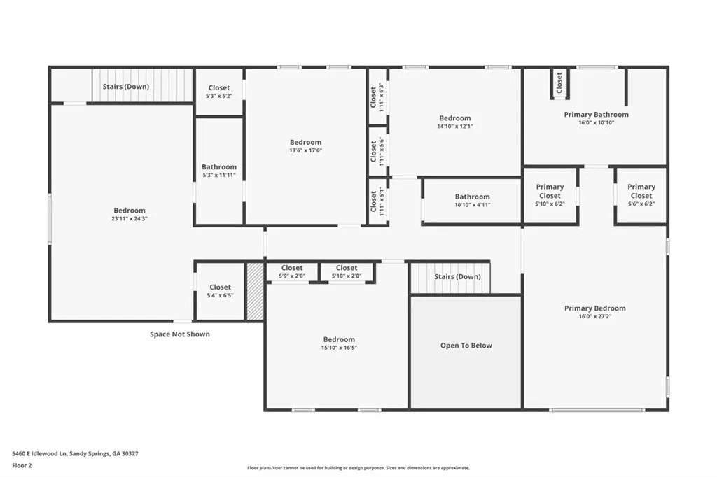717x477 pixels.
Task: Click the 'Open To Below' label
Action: point(466,346)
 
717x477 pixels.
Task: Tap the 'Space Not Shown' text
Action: point(180,334)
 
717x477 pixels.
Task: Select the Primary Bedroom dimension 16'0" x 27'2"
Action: point(595,317)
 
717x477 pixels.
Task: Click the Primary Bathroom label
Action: point(596,115)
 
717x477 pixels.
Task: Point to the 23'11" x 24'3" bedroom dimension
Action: point(130,219)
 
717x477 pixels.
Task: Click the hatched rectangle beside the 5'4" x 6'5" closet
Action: point(256,291)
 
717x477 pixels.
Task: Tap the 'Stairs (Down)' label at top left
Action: point(125,87)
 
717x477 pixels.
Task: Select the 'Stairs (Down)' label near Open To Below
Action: point(457,277)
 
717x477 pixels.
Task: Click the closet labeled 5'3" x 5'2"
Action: point(218,92)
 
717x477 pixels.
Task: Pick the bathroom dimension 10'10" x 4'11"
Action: point(472,205)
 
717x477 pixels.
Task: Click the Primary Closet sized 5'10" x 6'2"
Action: point(550,195)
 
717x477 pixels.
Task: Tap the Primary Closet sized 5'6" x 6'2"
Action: point(641,195)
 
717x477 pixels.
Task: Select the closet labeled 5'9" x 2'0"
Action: point(292,272)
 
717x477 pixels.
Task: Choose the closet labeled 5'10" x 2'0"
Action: point(346,272)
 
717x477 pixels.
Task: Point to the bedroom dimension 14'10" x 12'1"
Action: point(455,127)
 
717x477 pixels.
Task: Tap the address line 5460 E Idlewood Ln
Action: point(75,454)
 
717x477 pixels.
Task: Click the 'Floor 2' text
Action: point(22,465)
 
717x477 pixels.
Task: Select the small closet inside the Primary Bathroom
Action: point(559,83)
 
